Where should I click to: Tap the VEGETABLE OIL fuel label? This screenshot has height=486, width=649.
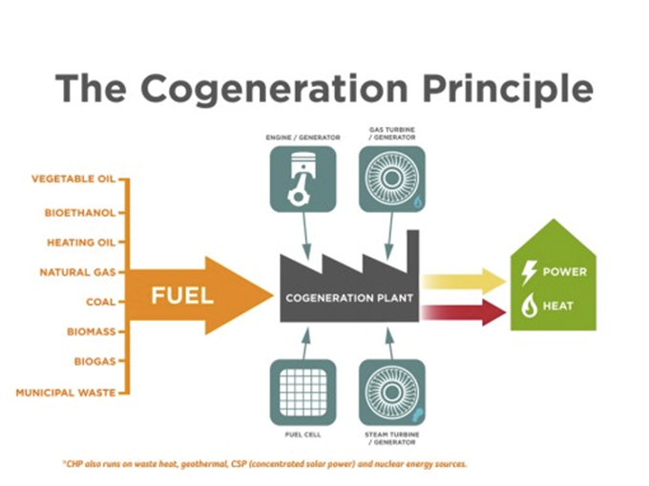73,179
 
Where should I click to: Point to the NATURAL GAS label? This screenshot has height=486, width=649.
77,272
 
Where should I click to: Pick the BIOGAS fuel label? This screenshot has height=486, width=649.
94,362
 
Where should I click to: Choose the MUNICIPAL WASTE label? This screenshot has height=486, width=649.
66,392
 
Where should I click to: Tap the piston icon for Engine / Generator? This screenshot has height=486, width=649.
303,179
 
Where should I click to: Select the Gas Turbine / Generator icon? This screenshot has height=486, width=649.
391,179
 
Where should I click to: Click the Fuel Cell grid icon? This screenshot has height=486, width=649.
303,391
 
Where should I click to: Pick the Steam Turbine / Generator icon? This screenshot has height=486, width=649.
391,391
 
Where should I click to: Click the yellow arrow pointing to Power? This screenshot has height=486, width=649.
464,281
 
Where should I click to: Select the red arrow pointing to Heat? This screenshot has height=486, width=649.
464,311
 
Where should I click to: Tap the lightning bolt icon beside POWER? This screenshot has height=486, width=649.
529,272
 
